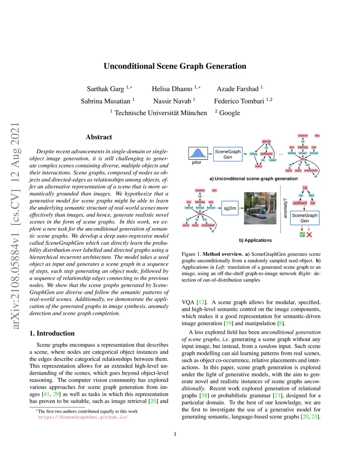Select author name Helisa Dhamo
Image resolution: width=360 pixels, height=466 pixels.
pyautogui.click(x=172, y=89)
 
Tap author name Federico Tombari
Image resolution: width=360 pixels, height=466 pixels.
pyautogui.click(x=239, y=101)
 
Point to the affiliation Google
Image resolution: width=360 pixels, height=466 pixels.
pyautogui.click(x=230, y=113)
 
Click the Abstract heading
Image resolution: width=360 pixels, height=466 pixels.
pyautogui.click(x=99, y=137)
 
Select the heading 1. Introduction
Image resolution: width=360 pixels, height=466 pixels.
pyautogui.click(x=52, y=333)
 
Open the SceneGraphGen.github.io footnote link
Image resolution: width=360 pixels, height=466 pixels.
pyautogui.click(x=83, y=417)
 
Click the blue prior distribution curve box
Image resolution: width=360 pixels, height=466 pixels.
pyautogui.click(x=198, y=153)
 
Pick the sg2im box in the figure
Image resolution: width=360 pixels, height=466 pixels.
pyautogui.click(x=230, y=208)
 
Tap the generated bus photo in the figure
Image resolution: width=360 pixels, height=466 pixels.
pyautogui.click(x=260, y=208)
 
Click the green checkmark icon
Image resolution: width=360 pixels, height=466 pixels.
pyautogui.click(x=302, y=235)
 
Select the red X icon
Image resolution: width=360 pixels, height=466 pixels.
pyautogui.click(x=309, y=235)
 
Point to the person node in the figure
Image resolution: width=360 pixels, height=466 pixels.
pyautogui.click(x=266, y=141)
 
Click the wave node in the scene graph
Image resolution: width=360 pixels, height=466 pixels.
pyautogui.click(x=258, y=166)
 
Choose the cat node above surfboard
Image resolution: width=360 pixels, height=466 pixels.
pyautogui.click(x=305, y=188)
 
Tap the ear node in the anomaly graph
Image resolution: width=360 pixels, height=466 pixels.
pyautogui.click(x=313, y=203)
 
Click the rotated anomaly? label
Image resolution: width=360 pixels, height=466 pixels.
pyautogui.click(x=285, y=208)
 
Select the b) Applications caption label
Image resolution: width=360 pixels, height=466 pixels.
pyautogui.click(x=255, y=241)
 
